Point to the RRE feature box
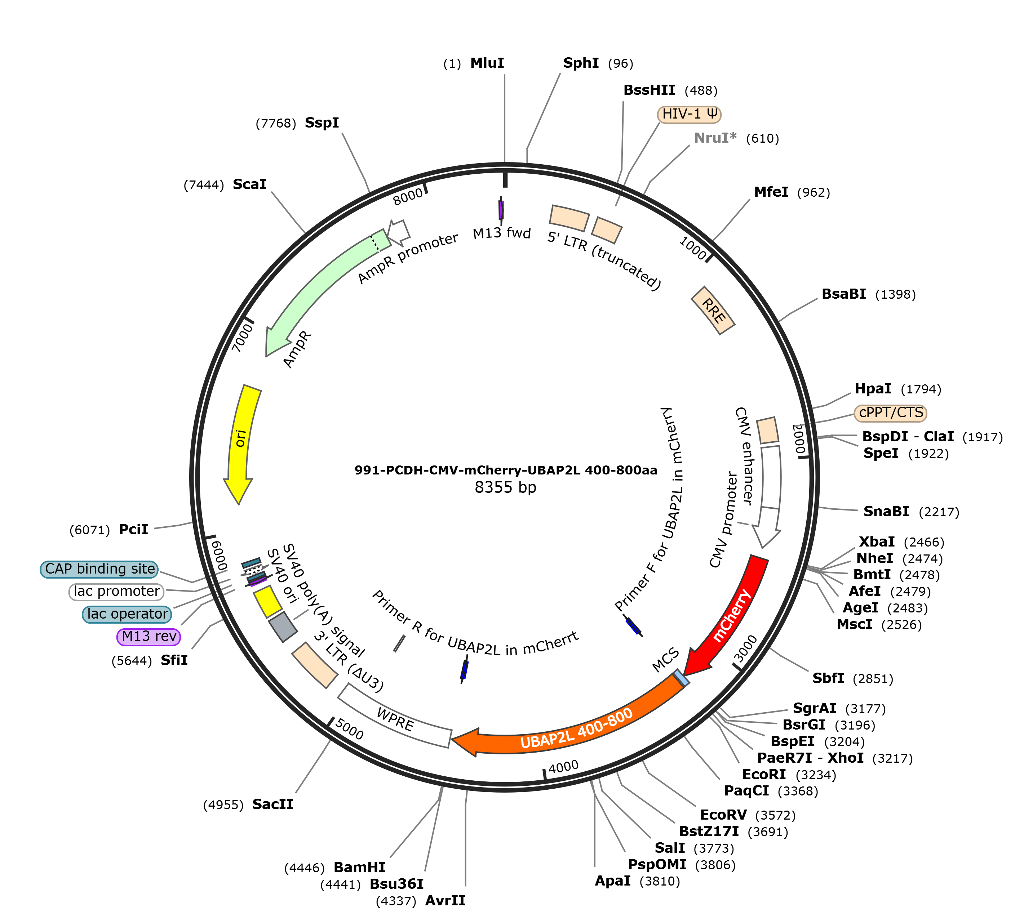713,311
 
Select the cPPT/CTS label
891,413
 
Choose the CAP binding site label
99,569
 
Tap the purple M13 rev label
148,637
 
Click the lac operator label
127,614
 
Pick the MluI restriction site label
487,63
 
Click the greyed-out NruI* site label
715,138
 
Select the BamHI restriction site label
359,867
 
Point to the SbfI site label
828,678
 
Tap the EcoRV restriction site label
723,815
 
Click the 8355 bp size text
505,487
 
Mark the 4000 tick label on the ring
563,767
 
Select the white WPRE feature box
394,715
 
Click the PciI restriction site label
133,530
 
